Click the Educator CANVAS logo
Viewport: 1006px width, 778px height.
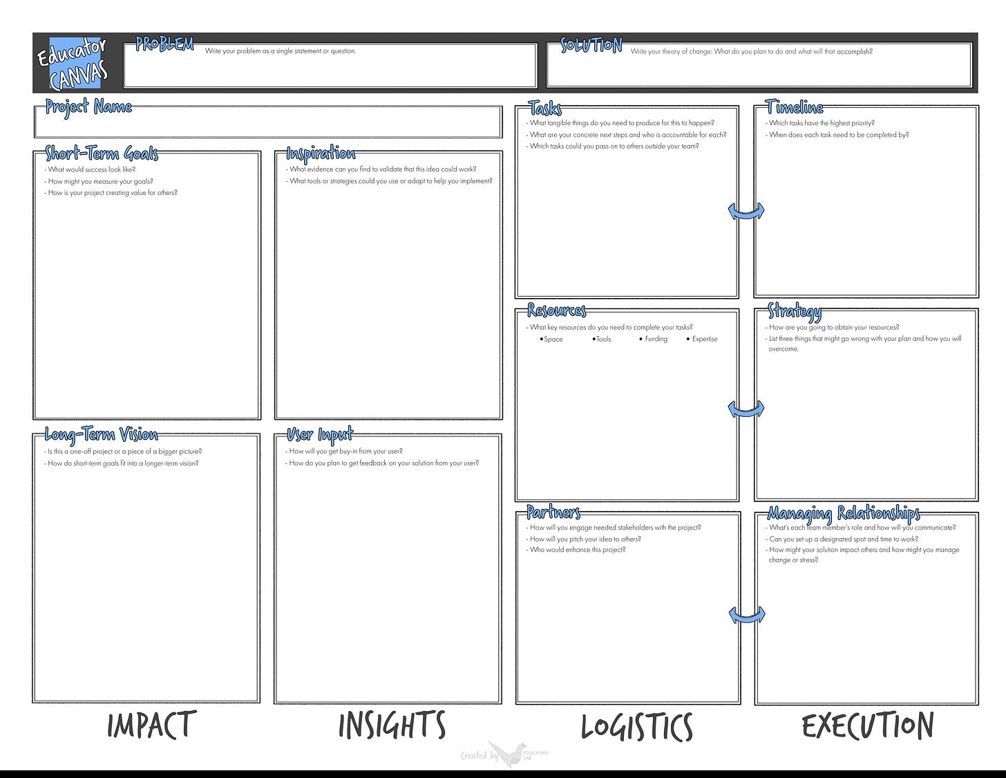click(x=72, y=63)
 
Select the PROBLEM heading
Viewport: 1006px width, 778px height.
click(x=164, y=44)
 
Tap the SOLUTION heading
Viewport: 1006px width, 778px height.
click(x=591, y=46)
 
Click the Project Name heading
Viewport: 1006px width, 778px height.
click(x=88, y=106)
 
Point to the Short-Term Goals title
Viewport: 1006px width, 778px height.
click(x=102, y=153)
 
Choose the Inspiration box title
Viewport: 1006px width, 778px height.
click(x=321, y=153)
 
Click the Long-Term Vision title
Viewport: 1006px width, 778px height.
click(x=101, y=434)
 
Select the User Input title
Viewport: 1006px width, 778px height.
click(x=320, y=434)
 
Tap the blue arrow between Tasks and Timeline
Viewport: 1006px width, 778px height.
click(x=746, y=212)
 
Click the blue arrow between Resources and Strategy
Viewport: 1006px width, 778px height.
click(x=746, y=409)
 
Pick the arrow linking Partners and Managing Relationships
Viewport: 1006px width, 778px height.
click(x=746, y=615)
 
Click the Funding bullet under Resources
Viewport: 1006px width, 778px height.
click(x=654, y=340)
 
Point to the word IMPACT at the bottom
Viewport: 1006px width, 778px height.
click(x=151, y=725)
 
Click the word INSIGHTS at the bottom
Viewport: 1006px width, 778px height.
click(x=392, y=725)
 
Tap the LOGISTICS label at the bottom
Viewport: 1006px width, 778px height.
click(x=636, y=727)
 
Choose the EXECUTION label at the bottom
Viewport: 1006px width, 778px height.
click(x=868, y=725)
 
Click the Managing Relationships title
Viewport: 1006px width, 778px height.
click(x=844, y=512)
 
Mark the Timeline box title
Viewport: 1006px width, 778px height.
click(x=795, y=107)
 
